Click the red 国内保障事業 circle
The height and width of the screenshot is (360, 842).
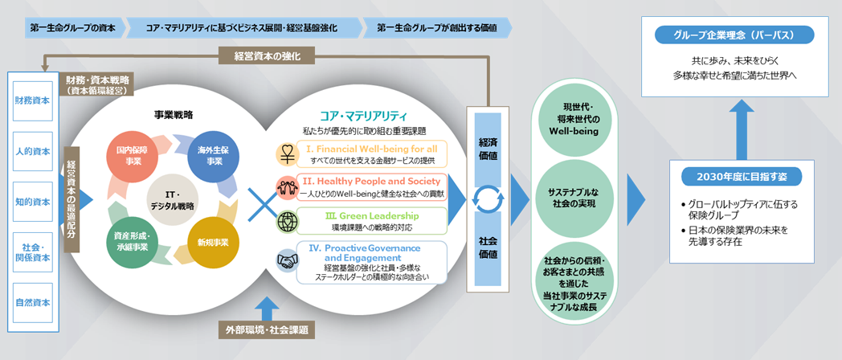(x=132, y=156)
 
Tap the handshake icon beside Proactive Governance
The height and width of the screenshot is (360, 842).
(x=287, y=260)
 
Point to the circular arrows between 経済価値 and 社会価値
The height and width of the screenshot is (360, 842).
(x=488, y=198)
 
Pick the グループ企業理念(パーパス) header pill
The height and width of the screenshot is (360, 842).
(x=733, y=36)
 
